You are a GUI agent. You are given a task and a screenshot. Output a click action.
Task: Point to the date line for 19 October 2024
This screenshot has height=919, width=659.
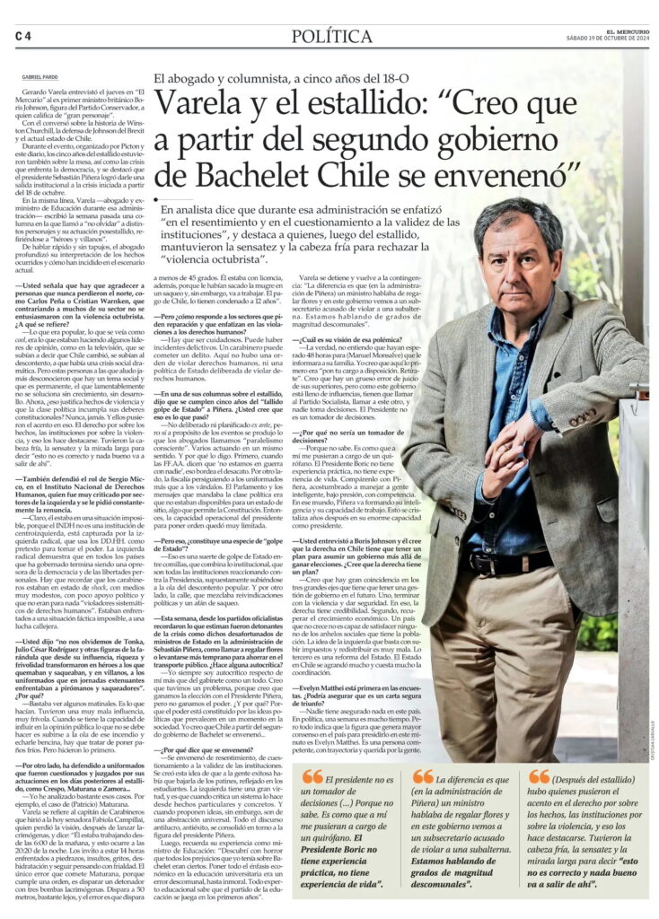pos(608,39)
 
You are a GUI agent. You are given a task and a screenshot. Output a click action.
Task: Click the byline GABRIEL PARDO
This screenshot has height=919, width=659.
pos(39,78)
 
